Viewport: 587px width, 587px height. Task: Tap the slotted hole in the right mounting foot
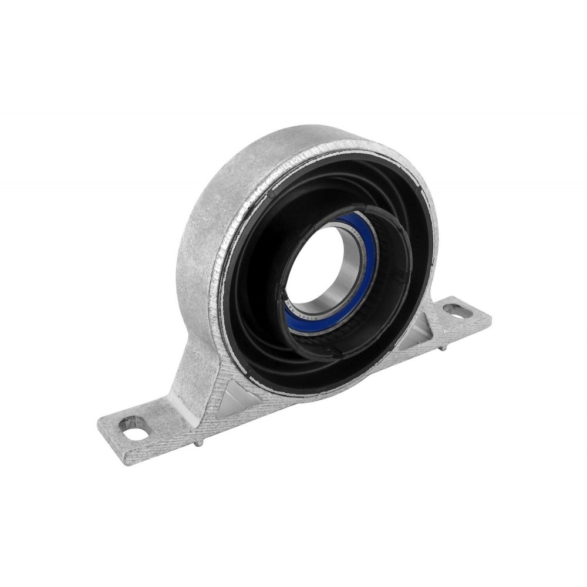tap(457, 310)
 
